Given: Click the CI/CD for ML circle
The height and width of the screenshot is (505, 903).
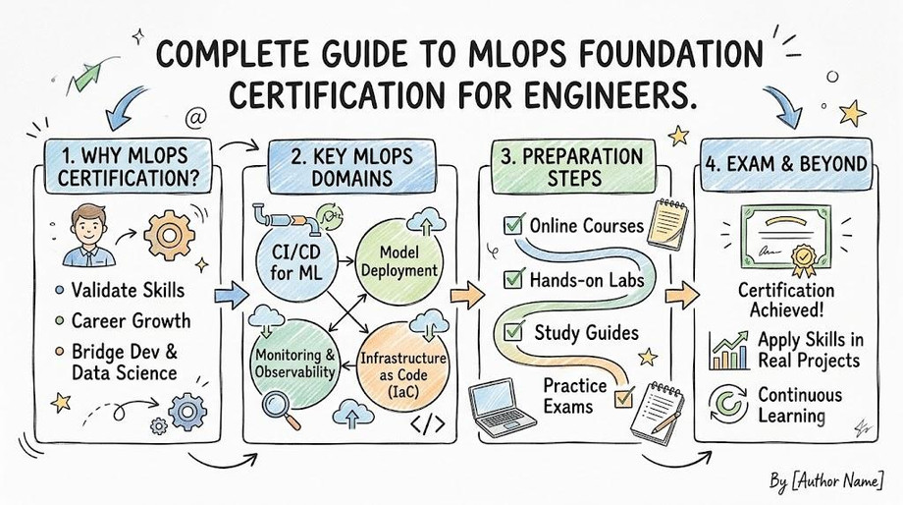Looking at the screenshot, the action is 295,263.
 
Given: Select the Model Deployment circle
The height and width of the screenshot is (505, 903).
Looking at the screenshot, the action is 399,261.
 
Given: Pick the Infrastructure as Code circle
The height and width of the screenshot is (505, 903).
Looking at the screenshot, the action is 402,366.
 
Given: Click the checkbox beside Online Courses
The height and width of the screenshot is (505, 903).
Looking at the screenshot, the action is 512,224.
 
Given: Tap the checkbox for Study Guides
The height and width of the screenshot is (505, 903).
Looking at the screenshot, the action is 512,331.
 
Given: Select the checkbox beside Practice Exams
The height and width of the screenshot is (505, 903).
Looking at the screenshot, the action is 623,398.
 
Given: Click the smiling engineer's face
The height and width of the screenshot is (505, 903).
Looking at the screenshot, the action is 88,227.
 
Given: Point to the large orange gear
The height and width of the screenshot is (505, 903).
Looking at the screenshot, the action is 169,235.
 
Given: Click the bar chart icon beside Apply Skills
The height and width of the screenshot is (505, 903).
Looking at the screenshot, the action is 729,351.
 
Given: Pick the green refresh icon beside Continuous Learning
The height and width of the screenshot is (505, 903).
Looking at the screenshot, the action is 728,404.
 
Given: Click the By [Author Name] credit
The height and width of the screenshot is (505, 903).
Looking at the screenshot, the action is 825,480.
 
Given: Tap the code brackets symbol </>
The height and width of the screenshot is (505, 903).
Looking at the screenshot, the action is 428,424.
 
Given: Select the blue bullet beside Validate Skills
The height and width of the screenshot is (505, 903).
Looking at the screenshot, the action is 59,290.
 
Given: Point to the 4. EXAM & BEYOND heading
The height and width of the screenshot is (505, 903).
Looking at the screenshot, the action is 785,164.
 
